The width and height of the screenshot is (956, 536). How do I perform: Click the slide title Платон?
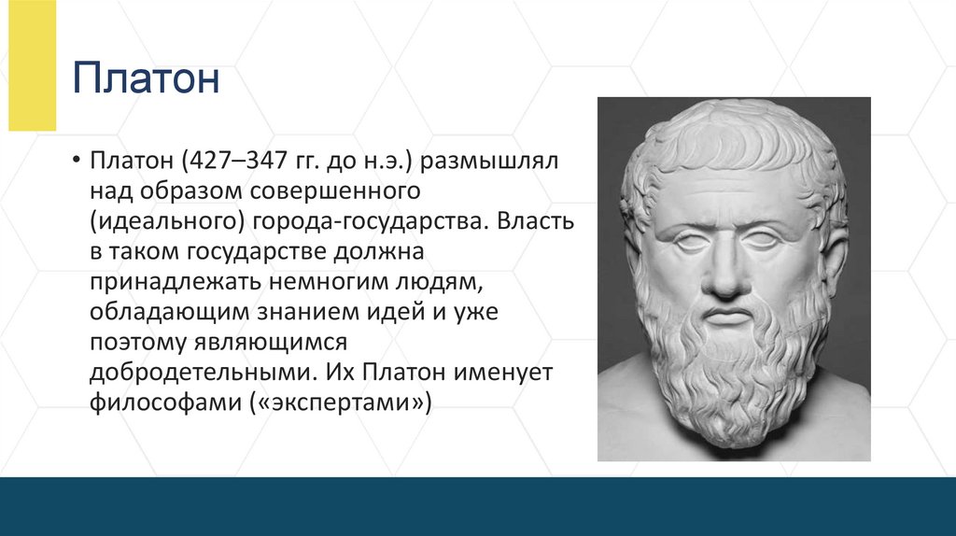point(147,78)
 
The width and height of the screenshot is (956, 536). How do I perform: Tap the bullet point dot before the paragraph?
point(75,161)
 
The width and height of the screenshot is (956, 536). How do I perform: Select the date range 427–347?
point(246,161)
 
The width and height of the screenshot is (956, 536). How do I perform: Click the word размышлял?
point(488,161)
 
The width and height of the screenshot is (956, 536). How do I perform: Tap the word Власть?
point(536,221)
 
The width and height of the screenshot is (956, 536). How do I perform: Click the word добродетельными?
point(202,372)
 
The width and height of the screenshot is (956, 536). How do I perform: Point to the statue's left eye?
point(761,240)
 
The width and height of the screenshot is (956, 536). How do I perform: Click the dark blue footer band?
point(478,506)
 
